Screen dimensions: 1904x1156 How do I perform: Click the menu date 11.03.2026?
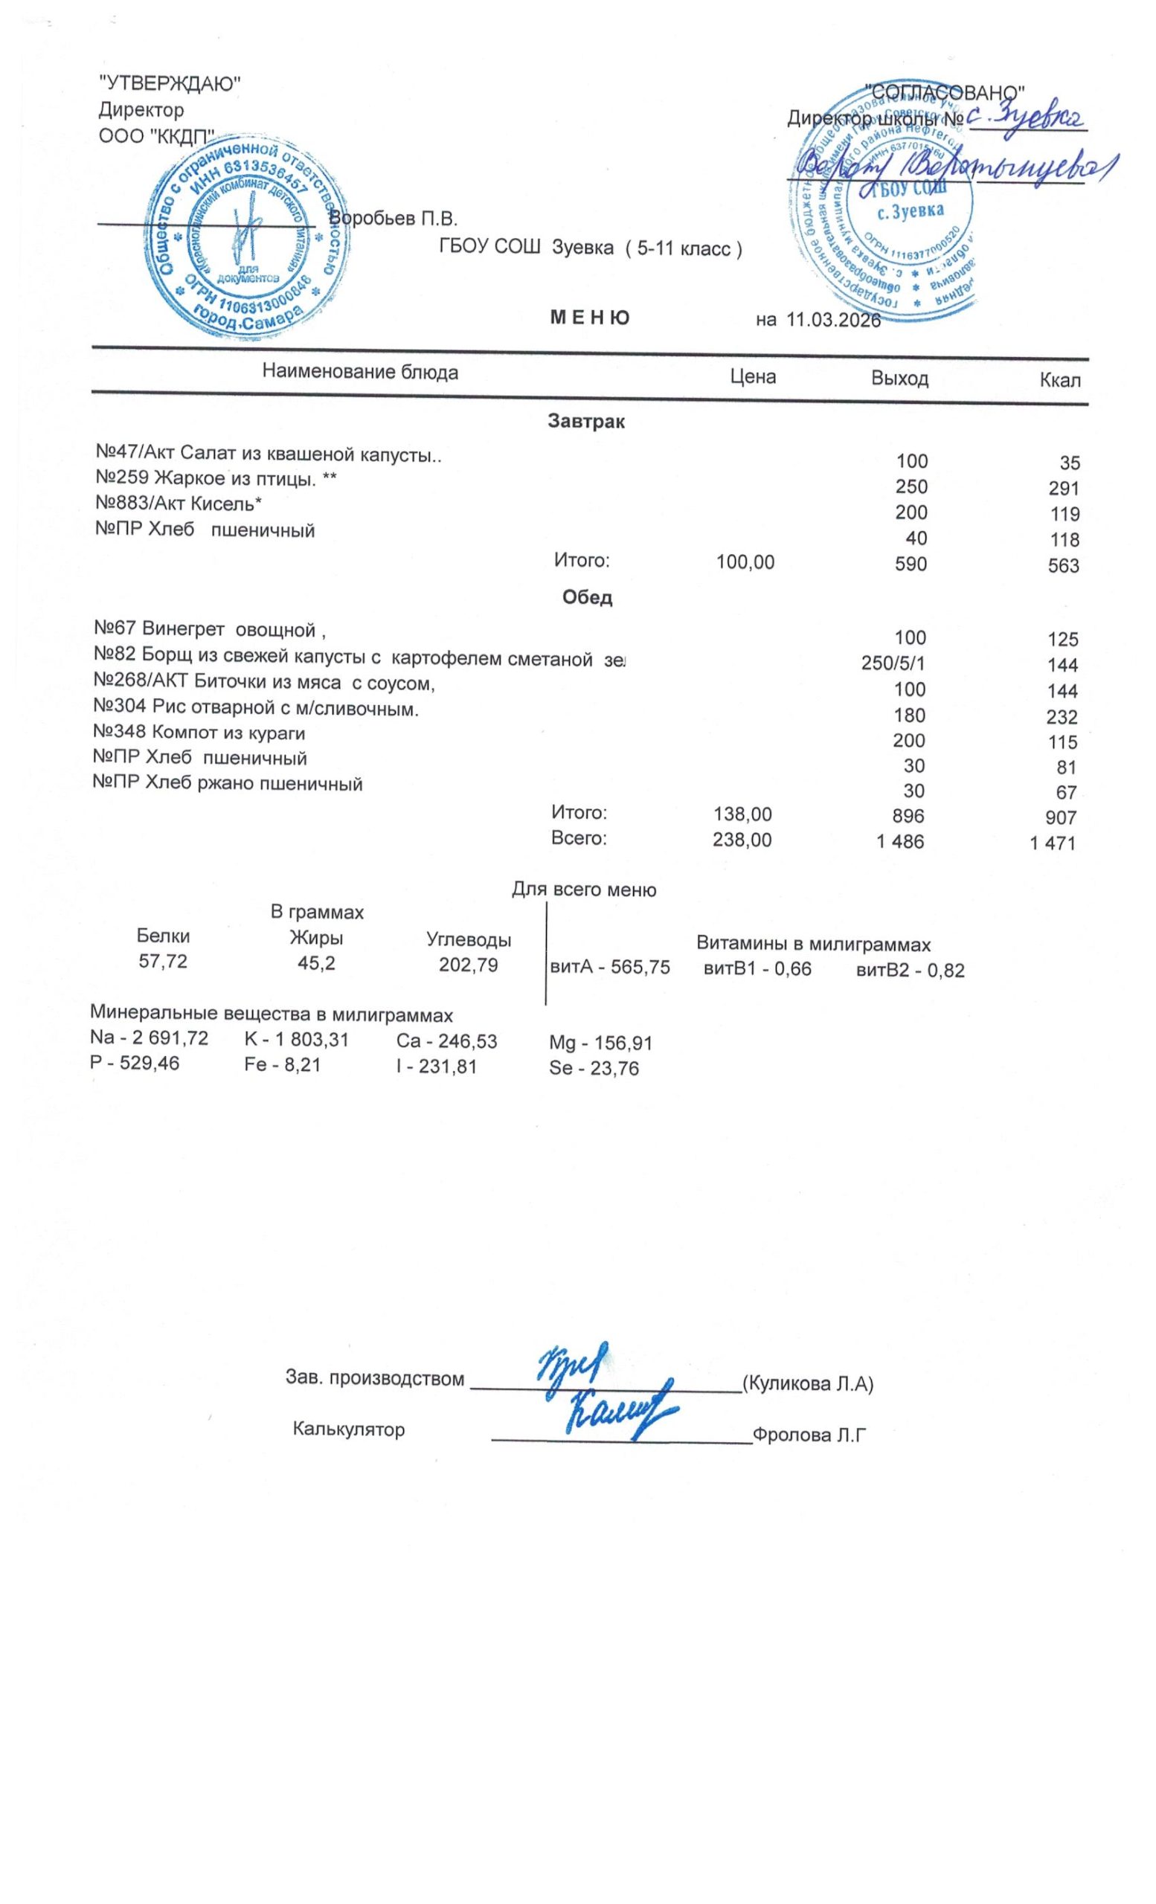click(832, 319)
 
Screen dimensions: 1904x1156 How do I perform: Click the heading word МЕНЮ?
click(589, 318)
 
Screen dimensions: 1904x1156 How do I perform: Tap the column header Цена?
click(753, 376)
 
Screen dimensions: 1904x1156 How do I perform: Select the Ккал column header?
click(1059, 379)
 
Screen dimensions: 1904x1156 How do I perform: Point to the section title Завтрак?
click(585, 422)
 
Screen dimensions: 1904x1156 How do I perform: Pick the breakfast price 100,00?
click(745, 562)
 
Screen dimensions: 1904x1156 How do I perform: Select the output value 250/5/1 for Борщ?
click(893, 663)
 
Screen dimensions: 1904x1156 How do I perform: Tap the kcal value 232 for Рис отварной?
click(1062, 716)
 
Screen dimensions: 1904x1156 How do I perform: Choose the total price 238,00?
click(742, 840)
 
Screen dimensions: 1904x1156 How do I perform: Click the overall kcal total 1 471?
click(1052, 843)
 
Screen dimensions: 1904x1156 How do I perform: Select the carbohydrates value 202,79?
click(468, 965)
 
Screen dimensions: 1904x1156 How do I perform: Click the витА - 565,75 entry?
click(609, 968)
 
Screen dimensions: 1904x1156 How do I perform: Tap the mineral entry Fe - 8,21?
click(281, 1065)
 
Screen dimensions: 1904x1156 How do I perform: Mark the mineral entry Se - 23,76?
click(594, 1069)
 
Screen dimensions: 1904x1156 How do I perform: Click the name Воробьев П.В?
click(394, 218)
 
